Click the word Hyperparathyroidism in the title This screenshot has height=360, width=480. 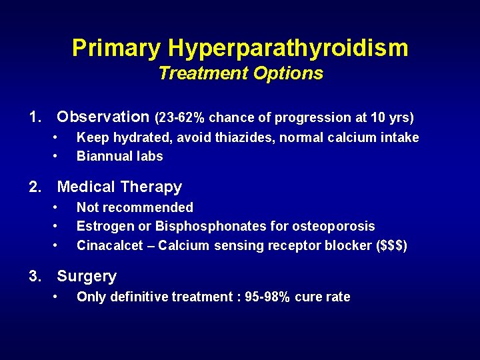tap(288, 48)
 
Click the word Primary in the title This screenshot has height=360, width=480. tap(117, 48)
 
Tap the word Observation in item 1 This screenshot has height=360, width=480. tap(103, 117)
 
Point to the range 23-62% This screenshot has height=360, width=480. tap(180, 118)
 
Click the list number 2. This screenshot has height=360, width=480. tap(35, 187)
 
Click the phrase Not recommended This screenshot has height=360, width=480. tap(135, 208)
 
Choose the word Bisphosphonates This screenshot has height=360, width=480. tap(203, 227)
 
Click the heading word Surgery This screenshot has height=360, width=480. tap(87, 276)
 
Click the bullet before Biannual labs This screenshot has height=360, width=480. tap(58, 157)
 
